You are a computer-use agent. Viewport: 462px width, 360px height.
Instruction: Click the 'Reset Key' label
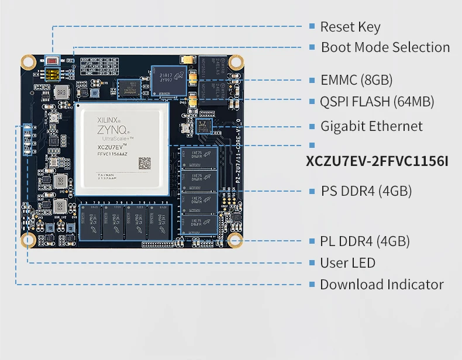[350, 27]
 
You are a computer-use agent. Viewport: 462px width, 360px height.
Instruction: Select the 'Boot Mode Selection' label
[385, 47]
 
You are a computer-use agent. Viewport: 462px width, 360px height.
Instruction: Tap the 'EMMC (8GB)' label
[356, 80]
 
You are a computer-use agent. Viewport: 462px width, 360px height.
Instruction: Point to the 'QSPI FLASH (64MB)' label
[377, 102]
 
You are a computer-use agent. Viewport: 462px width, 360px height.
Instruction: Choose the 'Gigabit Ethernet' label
[371, 126]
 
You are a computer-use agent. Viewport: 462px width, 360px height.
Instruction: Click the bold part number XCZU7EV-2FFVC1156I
[377, 161]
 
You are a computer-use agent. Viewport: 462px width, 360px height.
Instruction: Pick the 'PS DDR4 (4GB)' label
[366, 191]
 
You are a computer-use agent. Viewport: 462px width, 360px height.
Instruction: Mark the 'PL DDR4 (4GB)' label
[365, 241]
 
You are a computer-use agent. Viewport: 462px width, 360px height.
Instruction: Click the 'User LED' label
[347, 263]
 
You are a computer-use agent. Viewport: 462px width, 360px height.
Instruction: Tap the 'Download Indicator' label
[381, 285]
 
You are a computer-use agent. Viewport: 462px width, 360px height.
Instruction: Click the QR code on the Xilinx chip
[144, 163]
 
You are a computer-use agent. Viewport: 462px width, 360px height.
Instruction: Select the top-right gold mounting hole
[236, 61]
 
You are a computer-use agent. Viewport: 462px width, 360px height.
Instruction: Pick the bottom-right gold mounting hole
[235, 240]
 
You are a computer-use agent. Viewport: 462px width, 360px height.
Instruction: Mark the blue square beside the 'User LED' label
[312, 263]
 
